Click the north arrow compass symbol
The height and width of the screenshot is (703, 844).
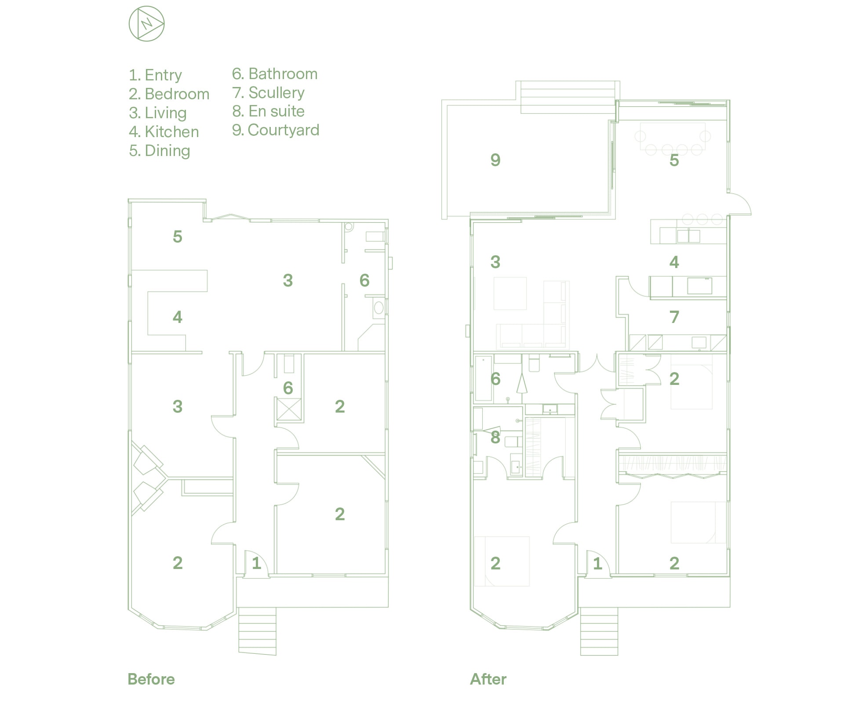coord(146,24)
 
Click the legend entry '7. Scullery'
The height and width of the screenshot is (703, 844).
coord(268,93)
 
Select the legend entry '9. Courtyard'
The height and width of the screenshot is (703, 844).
coord(276,130)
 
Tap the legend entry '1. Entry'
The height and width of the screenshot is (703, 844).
coord(155,75)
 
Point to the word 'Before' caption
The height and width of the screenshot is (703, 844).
coord(151,679)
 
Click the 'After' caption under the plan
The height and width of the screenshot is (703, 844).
coord(488,679)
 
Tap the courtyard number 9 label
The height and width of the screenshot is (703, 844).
coord(495,160)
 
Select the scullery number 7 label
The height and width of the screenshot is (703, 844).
coord(674,317)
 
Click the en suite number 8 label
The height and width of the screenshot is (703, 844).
coord(495,437)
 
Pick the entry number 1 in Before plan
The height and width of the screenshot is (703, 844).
coord(256,563)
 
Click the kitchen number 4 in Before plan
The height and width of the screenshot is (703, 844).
coord(177,317)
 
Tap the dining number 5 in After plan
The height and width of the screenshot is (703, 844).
coord(674,160)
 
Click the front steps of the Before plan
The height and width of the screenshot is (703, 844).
coord(257,631)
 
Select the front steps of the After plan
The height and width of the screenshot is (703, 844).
coord(599,631)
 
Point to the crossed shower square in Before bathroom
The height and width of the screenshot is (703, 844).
coord(288,409)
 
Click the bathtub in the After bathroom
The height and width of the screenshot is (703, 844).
coord(484,378)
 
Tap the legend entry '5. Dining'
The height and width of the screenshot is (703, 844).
coord(160,151)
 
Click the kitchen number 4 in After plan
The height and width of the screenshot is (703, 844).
coord(674,262)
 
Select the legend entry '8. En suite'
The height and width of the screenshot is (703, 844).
coord(268,112)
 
